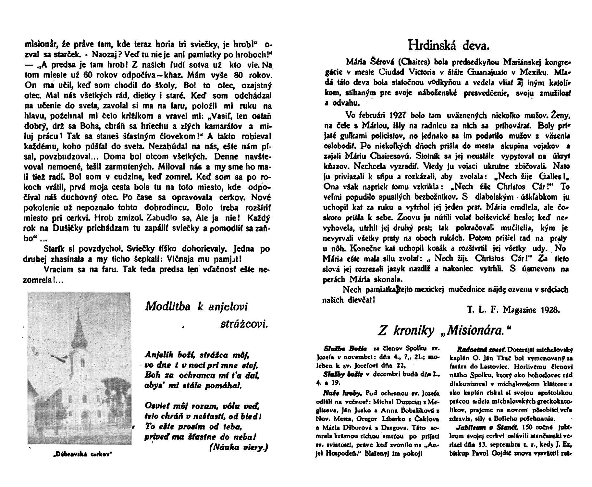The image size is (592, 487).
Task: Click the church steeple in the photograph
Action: (x=79, y=328)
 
